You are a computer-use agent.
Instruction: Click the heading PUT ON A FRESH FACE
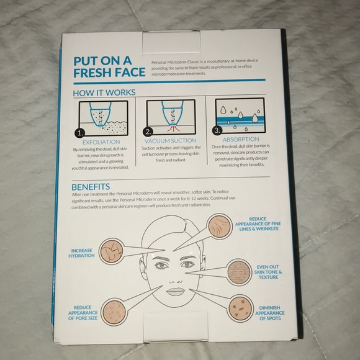(109, 66)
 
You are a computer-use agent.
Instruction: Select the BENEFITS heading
(92, 186)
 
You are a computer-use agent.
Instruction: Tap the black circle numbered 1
(79, 133)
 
